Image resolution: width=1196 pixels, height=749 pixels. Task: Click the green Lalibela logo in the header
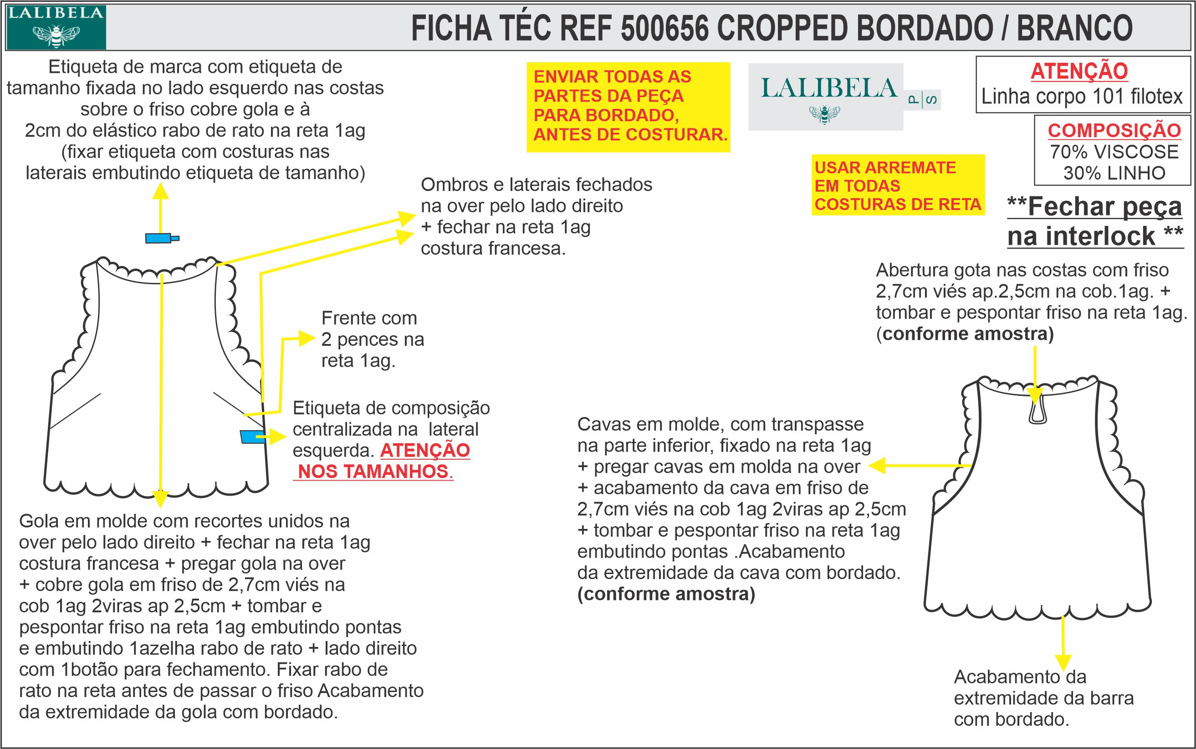coord(56,27)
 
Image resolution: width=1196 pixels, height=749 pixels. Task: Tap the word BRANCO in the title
coord(1074,28)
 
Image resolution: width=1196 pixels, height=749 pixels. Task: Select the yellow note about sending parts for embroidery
coord(628,106)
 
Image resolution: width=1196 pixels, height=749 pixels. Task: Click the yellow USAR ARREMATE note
coord(897,186)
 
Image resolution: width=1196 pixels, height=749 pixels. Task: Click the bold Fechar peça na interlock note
coord(1095,221)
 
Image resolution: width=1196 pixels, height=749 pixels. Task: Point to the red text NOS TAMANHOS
coord(373,472)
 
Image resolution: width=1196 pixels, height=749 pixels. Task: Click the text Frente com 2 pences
coord(372,339)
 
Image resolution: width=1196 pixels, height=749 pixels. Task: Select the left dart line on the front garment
coord(75,410)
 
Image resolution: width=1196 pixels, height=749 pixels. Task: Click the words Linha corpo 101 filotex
coord(1082,97)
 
